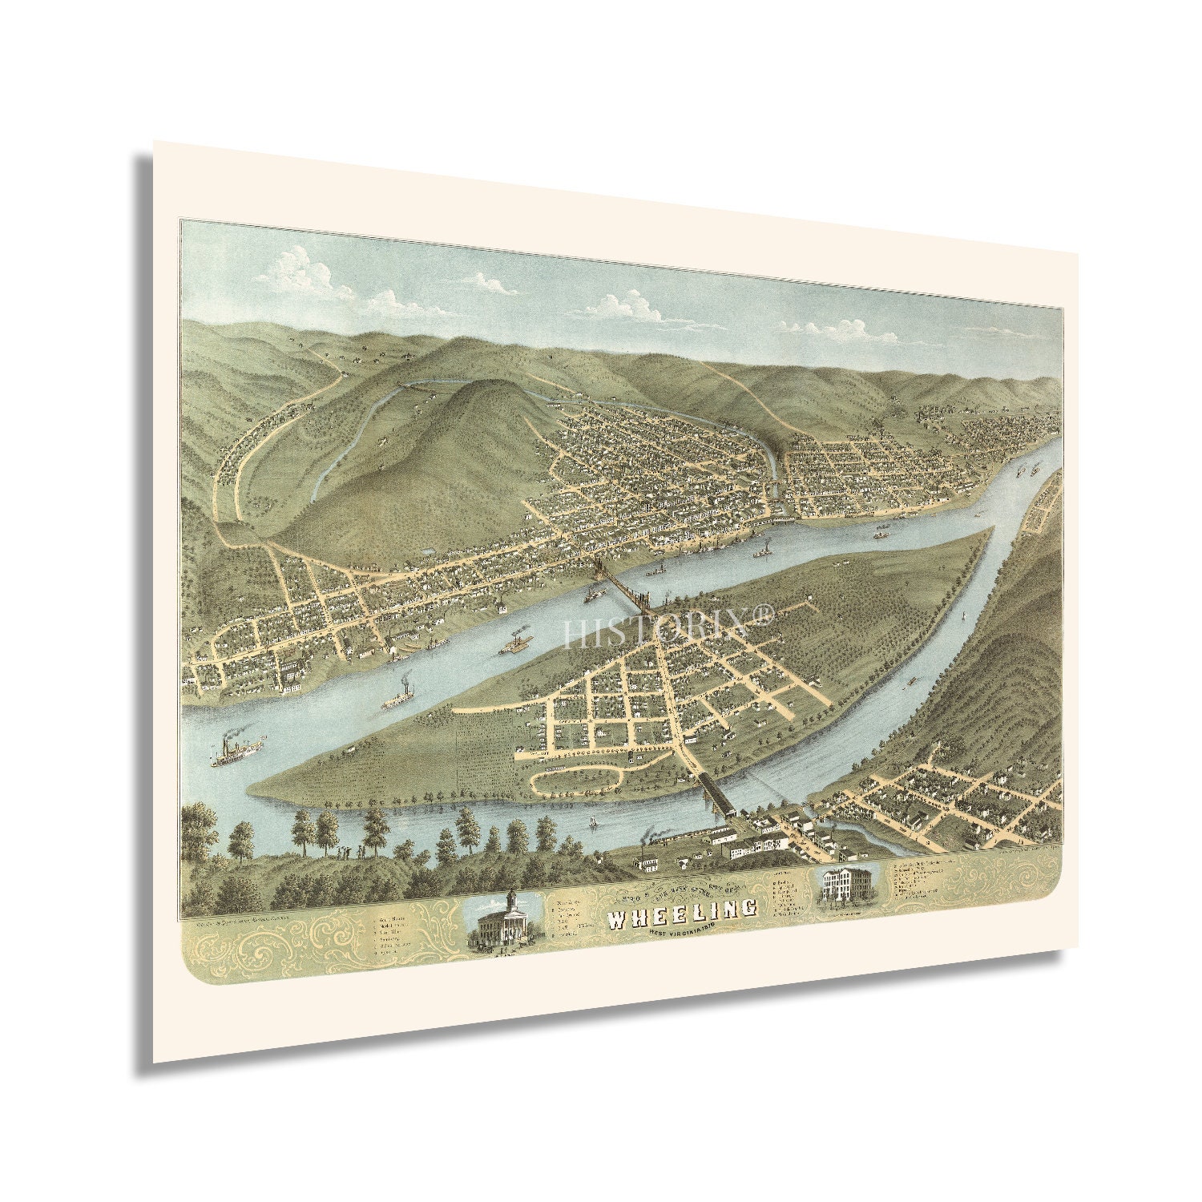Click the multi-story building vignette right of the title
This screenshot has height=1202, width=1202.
click(x=849, y=888)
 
